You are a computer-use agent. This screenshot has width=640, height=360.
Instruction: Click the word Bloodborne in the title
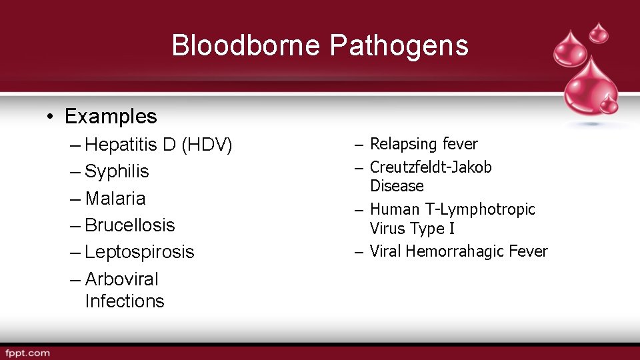[247, 46]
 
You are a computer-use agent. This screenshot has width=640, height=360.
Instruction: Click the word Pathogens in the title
[399, 46]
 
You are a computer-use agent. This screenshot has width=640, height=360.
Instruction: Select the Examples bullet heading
[111, 117]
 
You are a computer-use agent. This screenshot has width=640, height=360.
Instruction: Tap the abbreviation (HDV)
[206, 145]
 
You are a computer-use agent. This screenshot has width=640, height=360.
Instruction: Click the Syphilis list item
[117, 171]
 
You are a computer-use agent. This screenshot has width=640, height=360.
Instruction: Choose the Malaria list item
[115, 198]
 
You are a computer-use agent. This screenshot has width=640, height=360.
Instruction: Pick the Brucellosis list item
[130, 225]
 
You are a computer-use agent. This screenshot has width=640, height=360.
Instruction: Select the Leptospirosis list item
[139, 252]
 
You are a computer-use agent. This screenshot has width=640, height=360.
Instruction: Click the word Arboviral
[122, 279]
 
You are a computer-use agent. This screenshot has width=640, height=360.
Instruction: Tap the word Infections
[125, 301]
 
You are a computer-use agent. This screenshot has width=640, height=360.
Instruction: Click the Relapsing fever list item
[423, 144]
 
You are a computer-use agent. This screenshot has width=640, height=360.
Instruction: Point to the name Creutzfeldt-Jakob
[431, 167]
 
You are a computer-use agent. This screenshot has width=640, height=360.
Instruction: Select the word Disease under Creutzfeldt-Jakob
[397, 185]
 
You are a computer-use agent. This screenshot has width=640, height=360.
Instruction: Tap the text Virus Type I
[412, 229]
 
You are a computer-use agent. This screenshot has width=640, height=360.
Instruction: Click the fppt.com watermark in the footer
[27, 353]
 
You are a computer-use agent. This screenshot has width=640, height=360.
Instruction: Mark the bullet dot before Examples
[51, 117]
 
